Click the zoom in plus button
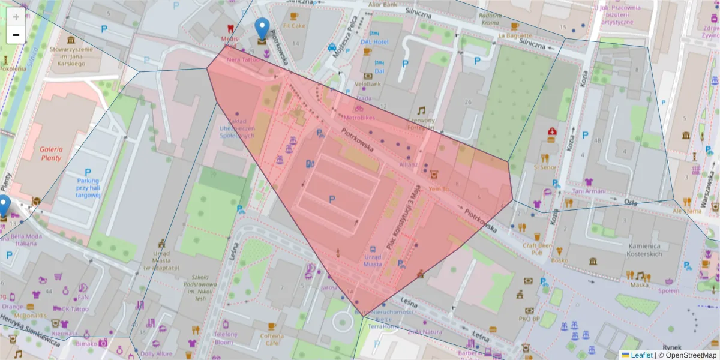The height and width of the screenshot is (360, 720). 16,17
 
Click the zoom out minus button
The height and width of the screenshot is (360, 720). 16,35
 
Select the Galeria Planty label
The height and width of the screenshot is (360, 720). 51,154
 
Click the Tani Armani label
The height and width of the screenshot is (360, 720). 589,191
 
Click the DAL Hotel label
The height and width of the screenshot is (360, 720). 374,41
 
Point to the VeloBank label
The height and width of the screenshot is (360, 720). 368,84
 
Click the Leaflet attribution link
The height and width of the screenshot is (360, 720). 641,355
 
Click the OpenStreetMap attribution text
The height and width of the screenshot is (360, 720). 687,355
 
